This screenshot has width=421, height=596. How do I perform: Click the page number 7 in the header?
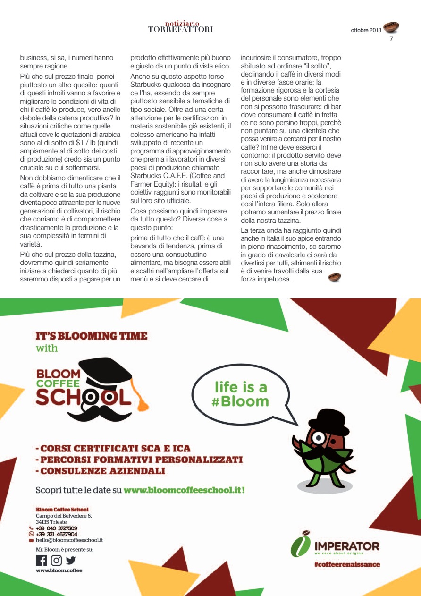(391, 39)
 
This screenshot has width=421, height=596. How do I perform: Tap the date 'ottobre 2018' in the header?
(366, 30)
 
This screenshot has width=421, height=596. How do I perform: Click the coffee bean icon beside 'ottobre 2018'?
(391, 27)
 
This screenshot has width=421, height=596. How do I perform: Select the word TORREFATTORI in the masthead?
(180, 29)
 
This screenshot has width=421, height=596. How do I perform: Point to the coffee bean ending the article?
(335, 277)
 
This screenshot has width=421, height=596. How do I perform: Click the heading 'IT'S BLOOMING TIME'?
(92, 336)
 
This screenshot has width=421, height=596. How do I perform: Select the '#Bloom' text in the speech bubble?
(241, 402)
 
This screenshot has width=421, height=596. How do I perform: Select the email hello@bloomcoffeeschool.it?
(69, 540)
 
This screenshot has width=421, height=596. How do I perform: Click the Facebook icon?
(42, 560)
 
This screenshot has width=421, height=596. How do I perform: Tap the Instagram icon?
(56, 560)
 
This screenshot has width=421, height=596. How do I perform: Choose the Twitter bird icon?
(70, 560)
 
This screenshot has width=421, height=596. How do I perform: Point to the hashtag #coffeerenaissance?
(346, 564)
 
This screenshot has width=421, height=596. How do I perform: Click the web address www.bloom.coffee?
(59, 570)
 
